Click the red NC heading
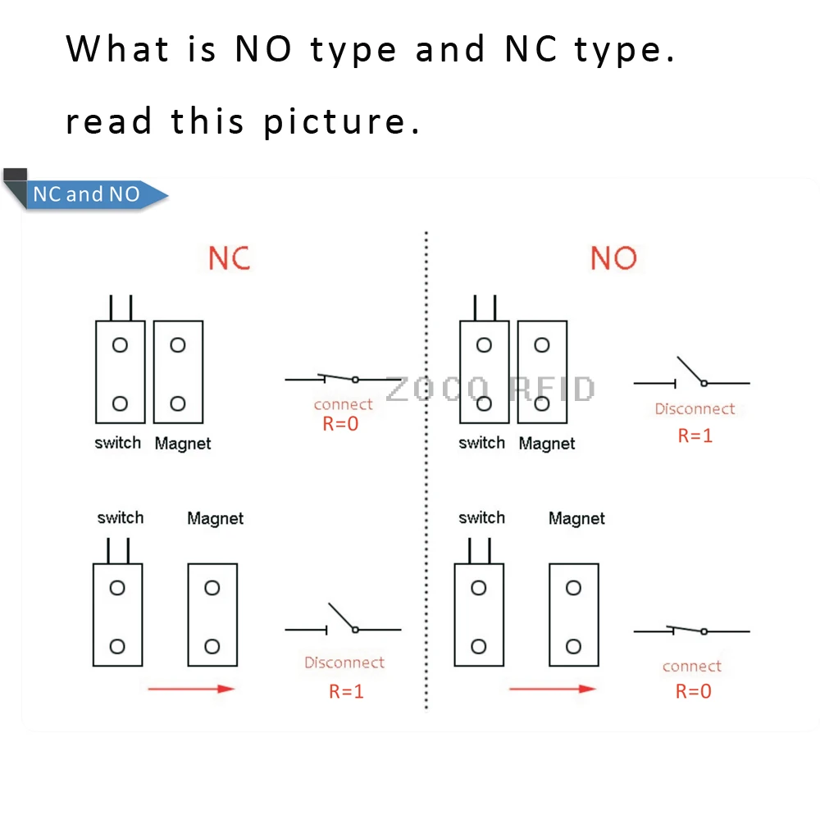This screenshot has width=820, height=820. (x=229, y=258)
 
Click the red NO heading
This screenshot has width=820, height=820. (x=613, y=259)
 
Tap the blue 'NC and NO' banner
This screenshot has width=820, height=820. (x=87, y=195)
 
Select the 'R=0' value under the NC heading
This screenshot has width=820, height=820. (x=339, y=424)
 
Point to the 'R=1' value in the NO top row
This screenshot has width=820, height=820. (x=695, y=435)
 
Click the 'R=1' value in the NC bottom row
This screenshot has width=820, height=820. (x=346, y=691)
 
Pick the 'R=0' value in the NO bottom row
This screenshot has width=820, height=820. (x=693, y=691)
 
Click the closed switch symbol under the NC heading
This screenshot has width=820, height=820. (x=343, y=379)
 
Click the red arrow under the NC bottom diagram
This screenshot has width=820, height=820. (x=191, y=689)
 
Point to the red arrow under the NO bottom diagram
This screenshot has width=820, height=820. (x=552, y=689)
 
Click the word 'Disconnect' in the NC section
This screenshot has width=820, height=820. (x=344, y=663)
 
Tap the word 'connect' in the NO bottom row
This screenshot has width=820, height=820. (x=692, y=667)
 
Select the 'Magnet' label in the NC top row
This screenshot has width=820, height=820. (x=182, y=444)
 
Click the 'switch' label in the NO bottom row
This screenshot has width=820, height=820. (x=481, y=517)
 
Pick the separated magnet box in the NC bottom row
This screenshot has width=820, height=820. (x=212, y=614)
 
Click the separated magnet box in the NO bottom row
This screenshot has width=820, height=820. (x=573, y=614)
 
